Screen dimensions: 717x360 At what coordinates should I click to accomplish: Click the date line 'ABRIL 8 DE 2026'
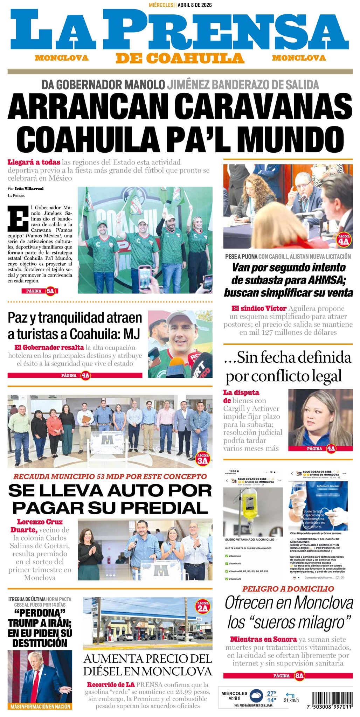(194, 5)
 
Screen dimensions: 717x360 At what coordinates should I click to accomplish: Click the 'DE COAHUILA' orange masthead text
(180, 58)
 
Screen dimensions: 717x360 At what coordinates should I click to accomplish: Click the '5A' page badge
(50, 291)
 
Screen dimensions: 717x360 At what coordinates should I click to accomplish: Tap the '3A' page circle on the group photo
(202, 460)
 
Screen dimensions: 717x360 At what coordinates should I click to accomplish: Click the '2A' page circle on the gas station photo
(202, 608)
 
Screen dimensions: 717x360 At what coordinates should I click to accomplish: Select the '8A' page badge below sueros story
(299, 676)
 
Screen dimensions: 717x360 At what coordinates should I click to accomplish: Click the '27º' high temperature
(271, 693)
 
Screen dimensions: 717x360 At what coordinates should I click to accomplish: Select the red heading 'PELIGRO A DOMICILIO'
(288, 589)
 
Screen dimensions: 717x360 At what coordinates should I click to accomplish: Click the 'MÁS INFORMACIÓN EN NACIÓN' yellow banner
(40, 706)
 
